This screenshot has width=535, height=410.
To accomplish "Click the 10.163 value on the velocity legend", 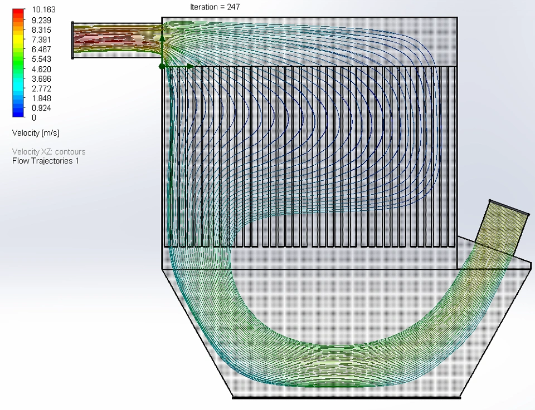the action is (43, 9).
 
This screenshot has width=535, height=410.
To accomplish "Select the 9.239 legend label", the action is (41, 20).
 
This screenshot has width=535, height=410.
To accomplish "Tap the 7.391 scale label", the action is (41, 39).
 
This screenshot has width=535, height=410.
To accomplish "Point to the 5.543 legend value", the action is (41, 59).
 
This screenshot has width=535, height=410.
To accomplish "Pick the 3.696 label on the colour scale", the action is (41, 78).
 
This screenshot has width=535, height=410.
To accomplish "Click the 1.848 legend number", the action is (41, 98).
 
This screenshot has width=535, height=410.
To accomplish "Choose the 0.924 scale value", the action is (41, 108).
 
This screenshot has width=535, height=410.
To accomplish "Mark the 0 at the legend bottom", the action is (34, 117).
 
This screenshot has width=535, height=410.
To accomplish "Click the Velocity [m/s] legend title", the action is (36, 133).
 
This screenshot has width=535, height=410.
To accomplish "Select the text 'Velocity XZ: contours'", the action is (49, 151).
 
